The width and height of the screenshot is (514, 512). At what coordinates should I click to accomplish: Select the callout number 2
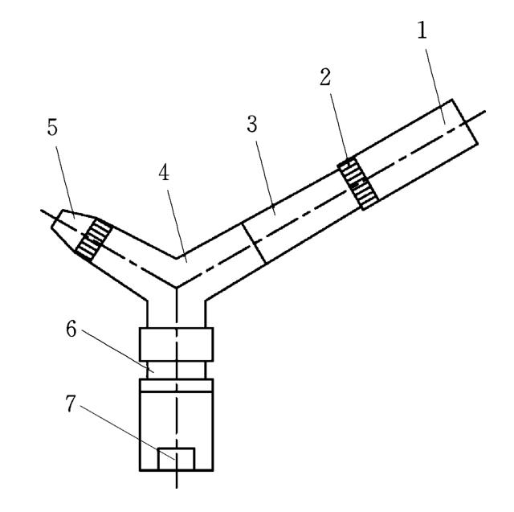[325, 77]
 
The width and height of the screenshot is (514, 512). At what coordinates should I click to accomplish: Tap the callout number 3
[251, 124]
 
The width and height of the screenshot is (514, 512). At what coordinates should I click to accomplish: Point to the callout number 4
[164, 173]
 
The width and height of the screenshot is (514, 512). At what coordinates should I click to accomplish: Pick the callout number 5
[52, 127]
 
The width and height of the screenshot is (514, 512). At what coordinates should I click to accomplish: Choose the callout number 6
[71, 329]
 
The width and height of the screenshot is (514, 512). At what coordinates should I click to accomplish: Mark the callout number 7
[71, 403]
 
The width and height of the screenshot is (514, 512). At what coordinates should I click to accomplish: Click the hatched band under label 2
[358, 183]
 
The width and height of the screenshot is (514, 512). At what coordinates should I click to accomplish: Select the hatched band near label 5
[95, 240]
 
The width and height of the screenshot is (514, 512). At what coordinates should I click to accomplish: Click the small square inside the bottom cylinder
[176, 459]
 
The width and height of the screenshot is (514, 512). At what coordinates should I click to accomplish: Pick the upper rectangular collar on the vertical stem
[177, 344]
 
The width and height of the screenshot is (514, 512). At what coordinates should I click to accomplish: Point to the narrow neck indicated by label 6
[177, 371]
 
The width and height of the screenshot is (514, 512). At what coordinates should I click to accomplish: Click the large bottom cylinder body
[177, 424]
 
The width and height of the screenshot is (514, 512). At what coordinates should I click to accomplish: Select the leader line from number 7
[127, 432]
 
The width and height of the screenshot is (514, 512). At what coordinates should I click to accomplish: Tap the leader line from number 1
[435, 87]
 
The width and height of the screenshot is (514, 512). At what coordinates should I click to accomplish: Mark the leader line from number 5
[65, 182]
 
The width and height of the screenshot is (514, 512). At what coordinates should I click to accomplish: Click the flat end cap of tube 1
[465, 121]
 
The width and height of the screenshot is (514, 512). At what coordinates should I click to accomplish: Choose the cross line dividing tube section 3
[254, 244]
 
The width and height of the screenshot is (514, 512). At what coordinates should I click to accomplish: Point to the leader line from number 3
[265, 178]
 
